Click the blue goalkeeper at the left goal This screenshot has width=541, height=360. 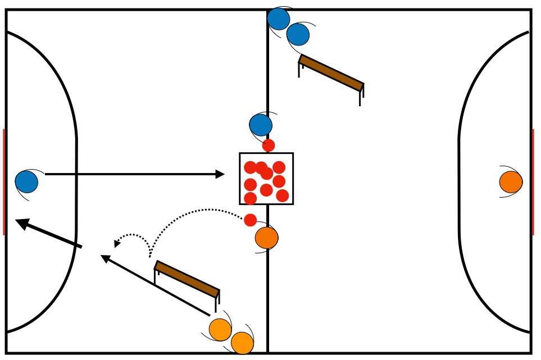(x=26, y=182)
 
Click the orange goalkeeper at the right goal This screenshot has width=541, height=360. (x=511, y=182)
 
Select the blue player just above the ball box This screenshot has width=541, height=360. (x=261, y=125)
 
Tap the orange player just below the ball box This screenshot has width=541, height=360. (x=266, y=238)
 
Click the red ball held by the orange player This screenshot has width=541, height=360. (x=251, y=220)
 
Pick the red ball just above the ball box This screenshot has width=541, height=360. (x=269, y=145)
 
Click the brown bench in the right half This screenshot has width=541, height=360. (x=331, y=72)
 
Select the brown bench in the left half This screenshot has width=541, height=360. (x=187, y=279)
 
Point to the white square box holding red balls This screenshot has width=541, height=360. (x=266, y=179)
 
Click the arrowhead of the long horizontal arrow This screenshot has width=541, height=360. (x=220, y=174)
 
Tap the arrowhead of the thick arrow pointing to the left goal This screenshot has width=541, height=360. (x=22, y=223)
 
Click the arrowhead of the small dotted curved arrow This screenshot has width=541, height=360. (x=117, y=244)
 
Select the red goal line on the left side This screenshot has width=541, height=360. (x=3, y=182)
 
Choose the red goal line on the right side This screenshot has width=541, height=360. (x=533, y=182)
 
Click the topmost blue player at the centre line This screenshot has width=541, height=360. (x=278, y=19)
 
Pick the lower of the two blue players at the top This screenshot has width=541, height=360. (x=298, y=35)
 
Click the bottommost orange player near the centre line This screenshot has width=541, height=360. (x=242, y=343)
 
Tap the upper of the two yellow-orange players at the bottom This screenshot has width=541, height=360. (x=220, y=330)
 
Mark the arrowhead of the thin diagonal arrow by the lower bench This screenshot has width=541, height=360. (x=104, y=257)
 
